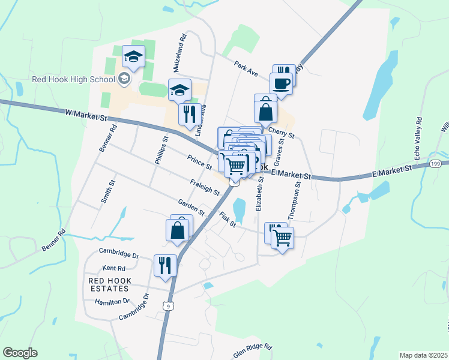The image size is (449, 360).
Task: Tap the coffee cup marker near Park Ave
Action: click(x=281, y=83)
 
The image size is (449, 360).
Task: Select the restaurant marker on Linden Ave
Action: click(x=190, y=114)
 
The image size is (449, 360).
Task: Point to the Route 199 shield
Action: click(x=436, y=164)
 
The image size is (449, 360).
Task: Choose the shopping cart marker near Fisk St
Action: click(x=282, y=236)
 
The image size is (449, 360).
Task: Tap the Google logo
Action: click(x=20, y=352)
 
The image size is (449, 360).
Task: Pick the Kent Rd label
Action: click(x=113, y=268)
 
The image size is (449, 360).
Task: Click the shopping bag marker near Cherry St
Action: click(x=265, y=112)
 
